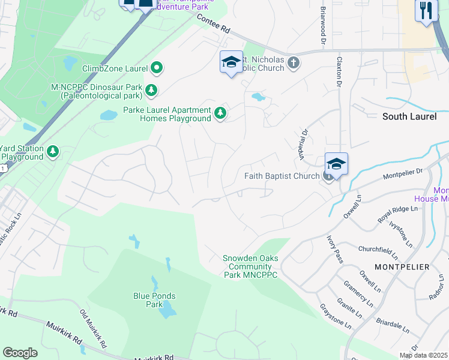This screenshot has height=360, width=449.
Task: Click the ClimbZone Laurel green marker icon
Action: (x=156, y=68)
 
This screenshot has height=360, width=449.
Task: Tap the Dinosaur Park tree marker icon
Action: (x=151, y=91)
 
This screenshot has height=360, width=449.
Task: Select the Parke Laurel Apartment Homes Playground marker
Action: (x=221, y=112)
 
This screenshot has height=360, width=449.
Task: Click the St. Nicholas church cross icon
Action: (x=293, y=62)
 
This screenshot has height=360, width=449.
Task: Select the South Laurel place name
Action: (x=409, y=116)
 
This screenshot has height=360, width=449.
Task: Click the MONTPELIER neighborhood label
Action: (x=402, y=266)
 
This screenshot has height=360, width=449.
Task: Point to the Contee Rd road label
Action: (x=214, y=24)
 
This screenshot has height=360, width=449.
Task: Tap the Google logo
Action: (x=20, y=352)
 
